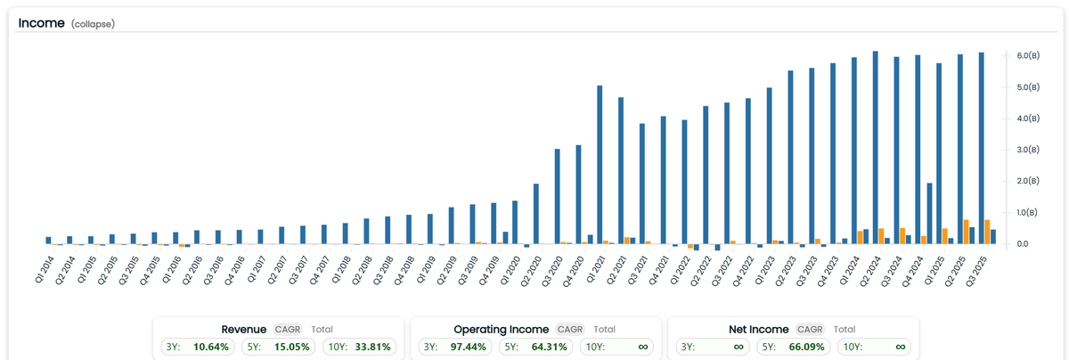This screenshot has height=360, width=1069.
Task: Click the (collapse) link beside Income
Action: point(93,24)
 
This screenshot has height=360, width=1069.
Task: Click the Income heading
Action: point(42,23)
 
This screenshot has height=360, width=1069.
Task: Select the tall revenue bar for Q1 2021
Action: point(600,165)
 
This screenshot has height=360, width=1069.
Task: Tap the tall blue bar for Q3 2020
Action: point(557,196)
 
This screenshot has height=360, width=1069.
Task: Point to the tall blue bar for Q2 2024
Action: point(875,148)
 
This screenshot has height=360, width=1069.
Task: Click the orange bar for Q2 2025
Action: point(966,232)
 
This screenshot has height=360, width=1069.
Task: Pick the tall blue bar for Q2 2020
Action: point(536,214)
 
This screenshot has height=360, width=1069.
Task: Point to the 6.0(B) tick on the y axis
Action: point(1028,56)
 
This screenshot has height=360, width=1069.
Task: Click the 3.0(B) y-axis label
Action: point(1028,150)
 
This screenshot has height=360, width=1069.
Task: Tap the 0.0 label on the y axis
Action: point(1023,244)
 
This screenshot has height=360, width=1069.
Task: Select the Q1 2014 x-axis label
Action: point(45,270)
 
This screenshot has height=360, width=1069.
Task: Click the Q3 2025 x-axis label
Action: point(976,271)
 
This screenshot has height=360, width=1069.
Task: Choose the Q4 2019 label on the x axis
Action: point(489,271)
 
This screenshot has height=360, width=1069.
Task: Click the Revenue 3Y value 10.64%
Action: point(211,347)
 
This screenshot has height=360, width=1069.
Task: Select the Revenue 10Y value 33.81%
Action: point(372,347)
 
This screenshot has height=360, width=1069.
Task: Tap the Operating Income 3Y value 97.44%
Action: point(469,347)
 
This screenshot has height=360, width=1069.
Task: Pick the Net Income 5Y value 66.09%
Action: point(806,347)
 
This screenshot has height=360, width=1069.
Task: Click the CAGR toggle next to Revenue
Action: point(287,330)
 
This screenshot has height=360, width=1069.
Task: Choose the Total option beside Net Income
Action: point(845,330)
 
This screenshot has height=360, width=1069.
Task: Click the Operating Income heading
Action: point(501,330)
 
